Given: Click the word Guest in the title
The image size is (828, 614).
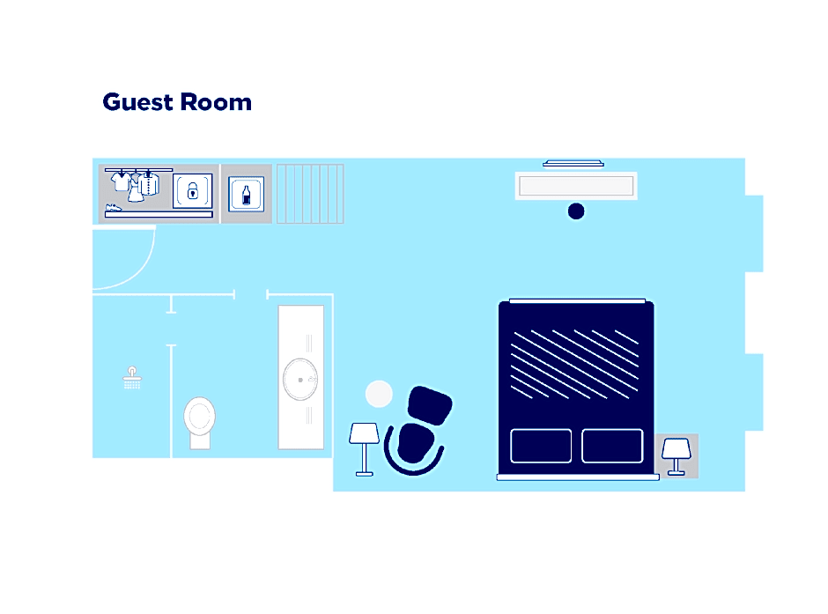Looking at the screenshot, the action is [137, 102].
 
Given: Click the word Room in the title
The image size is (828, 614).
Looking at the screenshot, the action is [216, 102].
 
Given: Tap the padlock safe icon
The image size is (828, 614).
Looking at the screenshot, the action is [192, 190].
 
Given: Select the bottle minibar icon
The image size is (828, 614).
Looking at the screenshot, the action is [246, 195].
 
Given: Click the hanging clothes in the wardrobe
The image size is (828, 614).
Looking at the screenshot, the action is [135, 185].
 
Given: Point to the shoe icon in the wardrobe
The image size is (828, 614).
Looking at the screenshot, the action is [113, 208].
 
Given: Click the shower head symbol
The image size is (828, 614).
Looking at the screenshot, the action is [132, 378].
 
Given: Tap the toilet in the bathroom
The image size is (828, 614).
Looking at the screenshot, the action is [199, 422].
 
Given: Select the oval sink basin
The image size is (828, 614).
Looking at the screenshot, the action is [300, 379].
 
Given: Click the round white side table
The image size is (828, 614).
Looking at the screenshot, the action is [379, 394].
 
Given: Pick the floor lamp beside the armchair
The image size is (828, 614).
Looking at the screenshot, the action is [364, 448].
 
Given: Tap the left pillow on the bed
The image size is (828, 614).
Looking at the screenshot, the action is [541, 446].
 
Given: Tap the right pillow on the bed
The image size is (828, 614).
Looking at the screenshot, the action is [612, 446].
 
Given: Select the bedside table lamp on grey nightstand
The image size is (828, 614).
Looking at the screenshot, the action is [676, 456].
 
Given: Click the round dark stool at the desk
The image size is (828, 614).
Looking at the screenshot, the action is [576, 211].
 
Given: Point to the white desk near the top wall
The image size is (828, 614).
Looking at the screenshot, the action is [576, 186].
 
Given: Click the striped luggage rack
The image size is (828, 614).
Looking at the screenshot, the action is [310, 194].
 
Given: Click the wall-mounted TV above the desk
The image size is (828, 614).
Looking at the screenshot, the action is [573, 164].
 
